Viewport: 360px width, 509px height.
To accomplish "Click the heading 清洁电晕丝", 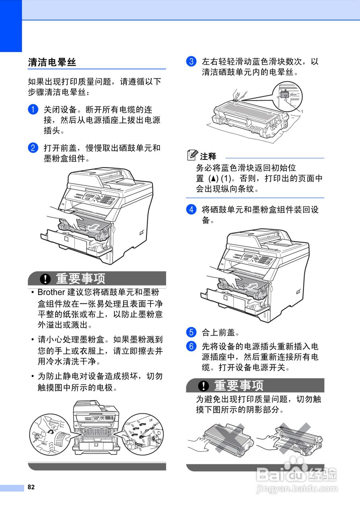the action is click(52, 62).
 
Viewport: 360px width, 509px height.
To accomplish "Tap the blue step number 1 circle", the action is click(33, 109).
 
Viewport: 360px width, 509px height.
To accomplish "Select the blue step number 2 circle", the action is click(33, 148).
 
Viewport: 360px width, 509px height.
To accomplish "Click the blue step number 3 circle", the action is click(191, 62).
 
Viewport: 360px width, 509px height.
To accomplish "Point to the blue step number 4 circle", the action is click(191, 209).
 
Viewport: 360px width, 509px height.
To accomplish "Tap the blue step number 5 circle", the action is click(191, 332).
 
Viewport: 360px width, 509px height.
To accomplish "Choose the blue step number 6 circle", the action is click(191, 346).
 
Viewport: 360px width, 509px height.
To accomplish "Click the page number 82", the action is click(31, 487).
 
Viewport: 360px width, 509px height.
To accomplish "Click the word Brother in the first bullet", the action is click(51, 292).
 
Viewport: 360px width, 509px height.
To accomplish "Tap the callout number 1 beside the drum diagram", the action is click(302, 112).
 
